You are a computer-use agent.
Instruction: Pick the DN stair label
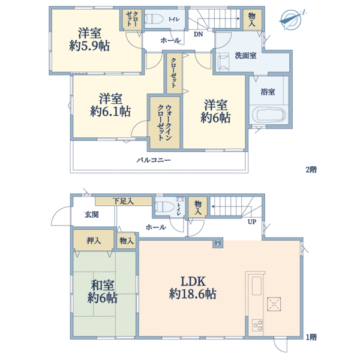[198, 34]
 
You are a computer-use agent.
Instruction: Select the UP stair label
[253, 221]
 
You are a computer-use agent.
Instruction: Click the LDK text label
[193, 281]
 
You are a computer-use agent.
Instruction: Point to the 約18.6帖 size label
[193, 295]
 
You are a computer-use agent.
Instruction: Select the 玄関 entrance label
[91, 214]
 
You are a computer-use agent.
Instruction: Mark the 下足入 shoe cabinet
[123, 201]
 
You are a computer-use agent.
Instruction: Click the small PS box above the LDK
[218, 243]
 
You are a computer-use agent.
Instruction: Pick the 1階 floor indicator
[310, 337]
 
